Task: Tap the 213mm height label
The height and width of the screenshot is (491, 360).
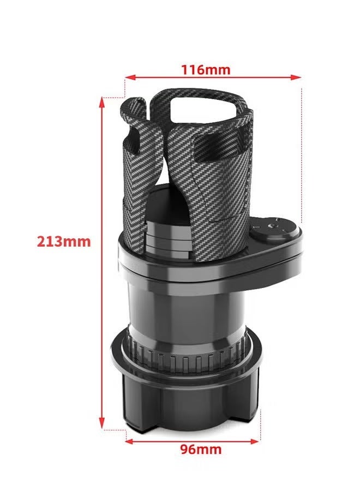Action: (64, 241)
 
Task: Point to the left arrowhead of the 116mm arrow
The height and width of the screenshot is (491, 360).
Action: (129, 77)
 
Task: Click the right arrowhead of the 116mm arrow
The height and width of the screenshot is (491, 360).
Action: (298, 77)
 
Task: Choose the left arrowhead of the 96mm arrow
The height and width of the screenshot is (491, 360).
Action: (129, 441)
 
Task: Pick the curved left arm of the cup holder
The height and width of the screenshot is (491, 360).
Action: (134, 125)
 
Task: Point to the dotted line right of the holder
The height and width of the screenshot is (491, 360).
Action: (302, 153)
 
